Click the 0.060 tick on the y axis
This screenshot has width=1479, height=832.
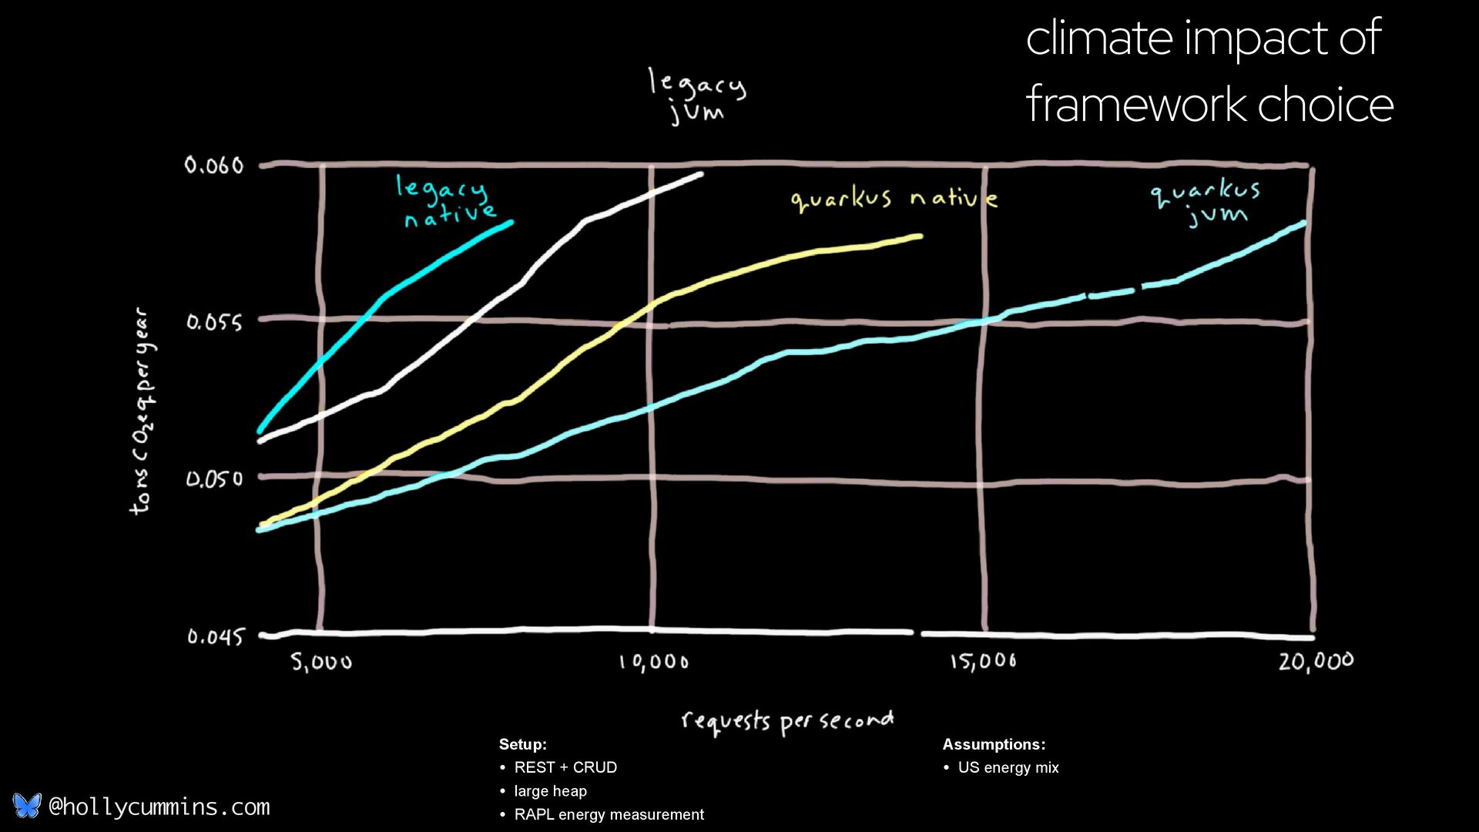coord(213,165)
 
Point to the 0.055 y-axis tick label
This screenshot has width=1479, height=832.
coord(214,322)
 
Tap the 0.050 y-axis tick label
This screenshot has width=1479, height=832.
coord(214,479)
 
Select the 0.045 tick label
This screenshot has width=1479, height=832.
coord(215,636)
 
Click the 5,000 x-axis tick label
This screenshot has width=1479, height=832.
coord(321,662)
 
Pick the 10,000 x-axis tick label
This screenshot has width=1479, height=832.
coord(654,662)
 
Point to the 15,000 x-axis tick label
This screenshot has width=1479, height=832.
coord(983,661)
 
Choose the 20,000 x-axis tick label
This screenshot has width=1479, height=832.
coord(1316,661)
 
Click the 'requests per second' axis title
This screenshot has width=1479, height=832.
coord(787,721)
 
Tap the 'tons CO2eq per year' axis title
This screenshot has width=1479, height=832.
coord(143,411)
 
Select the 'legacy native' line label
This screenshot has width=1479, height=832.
coord(446,201)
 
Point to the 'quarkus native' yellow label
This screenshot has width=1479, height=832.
coord(894,200)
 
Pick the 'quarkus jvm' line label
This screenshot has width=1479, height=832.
coord(1206,203)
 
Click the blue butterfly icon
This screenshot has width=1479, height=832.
coord(27,806)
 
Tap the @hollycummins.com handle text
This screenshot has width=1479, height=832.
coord(159,807)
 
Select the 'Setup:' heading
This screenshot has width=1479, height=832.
coord(523,744)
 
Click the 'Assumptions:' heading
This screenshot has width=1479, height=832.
coord(994,744)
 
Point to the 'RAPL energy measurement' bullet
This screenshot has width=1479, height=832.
coord(609,814)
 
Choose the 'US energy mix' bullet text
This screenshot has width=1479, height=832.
coord(1008,767)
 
